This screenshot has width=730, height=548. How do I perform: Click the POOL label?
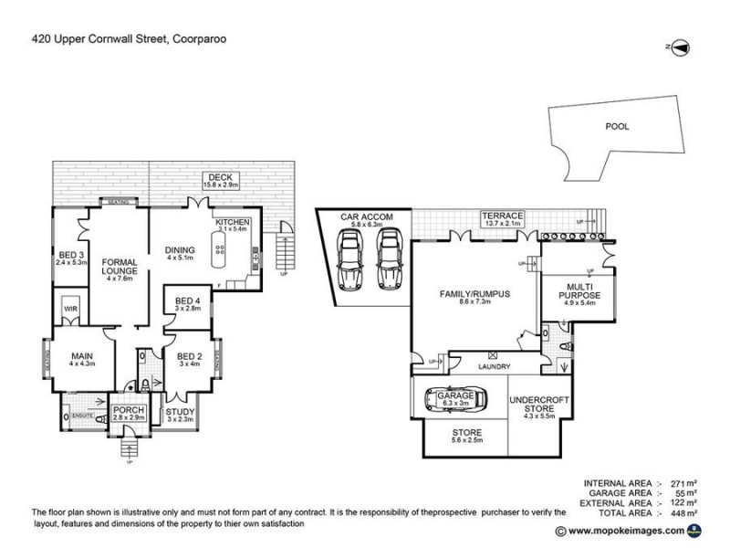pyautogui.click(x=617, y=127)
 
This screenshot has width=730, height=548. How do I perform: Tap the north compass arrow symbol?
pyautogui.click(x=677, y=46)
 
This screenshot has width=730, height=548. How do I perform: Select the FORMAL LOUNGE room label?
pyautogui.click(x=120, y=265)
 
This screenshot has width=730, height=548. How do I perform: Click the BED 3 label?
pyautogui.click(x=67, y=255)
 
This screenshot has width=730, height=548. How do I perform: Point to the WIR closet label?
pyautogui.click(x=69, y=310)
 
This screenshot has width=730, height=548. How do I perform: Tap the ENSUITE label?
pyautogui.click(x=85, y=415)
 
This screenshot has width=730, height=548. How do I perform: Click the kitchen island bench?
pyautogui.click(x=219, y=250)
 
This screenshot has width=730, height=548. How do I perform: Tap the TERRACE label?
pyautogui.click(x=503, y=215)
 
